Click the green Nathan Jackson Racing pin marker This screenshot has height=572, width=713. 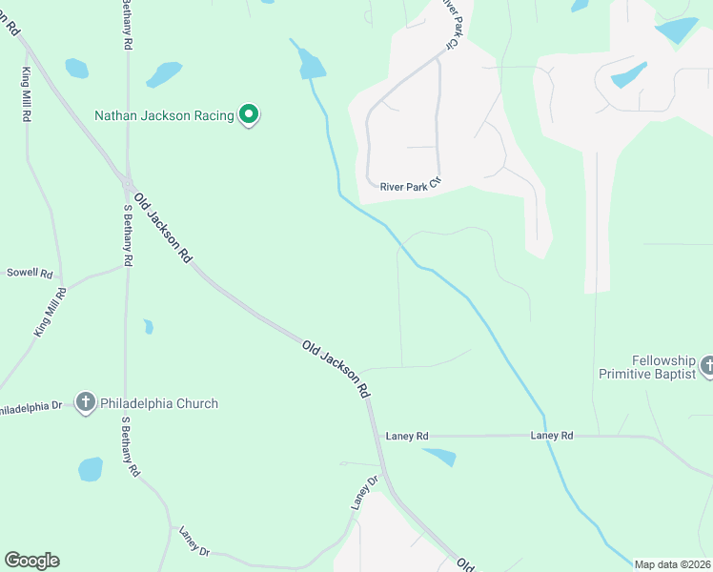click(x=249, y=115)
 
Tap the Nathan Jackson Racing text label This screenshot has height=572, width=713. click(x=164, y=116)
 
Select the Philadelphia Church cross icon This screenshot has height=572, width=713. click(x=86, y=403)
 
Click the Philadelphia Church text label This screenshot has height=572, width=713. click(x=159, y=403)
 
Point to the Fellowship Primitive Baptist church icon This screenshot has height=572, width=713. click(x=707, y=365)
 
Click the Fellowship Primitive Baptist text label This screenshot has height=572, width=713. click(x=649, y=368)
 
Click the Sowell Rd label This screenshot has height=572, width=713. click(x=30, y=273)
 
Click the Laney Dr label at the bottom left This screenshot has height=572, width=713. click(x=194, y=540)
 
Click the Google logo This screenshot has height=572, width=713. click(x=31, y=561)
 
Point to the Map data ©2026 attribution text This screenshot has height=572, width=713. click(x=672, y=564)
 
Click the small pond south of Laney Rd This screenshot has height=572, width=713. click(x=439, y=458)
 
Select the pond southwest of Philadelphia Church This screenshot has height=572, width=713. click(x=91, y=469)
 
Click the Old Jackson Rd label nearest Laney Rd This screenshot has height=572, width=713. click(x=336, y=368)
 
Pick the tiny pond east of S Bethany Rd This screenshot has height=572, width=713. click(x=148, y=327)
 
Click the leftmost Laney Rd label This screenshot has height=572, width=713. click(x=407, y=436)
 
